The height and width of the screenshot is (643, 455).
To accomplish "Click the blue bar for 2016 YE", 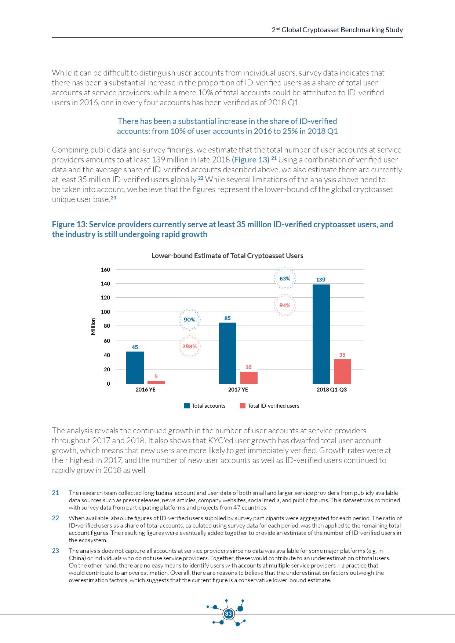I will click(135, 367).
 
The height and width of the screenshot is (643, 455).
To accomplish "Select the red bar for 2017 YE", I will click(249, 378).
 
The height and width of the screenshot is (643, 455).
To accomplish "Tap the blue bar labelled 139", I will click(321, 334).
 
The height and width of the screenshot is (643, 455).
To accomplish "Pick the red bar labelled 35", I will click(342, 371).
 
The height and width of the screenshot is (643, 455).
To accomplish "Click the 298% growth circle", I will click(189, 346).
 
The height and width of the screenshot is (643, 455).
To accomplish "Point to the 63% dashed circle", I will click(285, 279).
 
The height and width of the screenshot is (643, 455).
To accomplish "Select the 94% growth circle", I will click(285, 305).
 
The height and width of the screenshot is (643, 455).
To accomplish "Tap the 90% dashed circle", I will click(189, 320).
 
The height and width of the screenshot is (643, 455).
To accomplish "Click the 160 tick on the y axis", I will click(105, 270).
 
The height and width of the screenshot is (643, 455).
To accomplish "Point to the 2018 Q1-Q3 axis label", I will click(331, 390).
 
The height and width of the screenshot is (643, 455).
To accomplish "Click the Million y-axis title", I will click(93, 326).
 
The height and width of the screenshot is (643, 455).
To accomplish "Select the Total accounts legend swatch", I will click(187, 406).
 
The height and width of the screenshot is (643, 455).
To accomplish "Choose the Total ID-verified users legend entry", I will click(273, 406).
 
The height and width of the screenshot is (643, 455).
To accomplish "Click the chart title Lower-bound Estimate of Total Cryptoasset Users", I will click(227, 256).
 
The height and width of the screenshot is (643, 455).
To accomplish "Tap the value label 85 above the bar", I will click(227, 318).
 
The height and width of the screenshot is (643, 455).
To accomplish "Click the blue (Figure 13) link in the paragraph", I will click(251, 160).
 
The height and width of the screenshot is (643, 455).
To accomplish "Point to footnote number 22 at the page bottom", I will click(55, 518).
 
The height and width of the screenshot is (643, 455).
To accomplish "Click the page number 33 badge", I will click(228, 614).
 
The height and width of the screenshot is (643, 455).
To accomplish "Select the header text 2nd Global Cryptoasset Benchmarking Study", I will click(337, 30).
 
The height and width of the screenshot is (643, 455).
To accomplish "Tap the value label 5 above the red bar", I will click(156, 376).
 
